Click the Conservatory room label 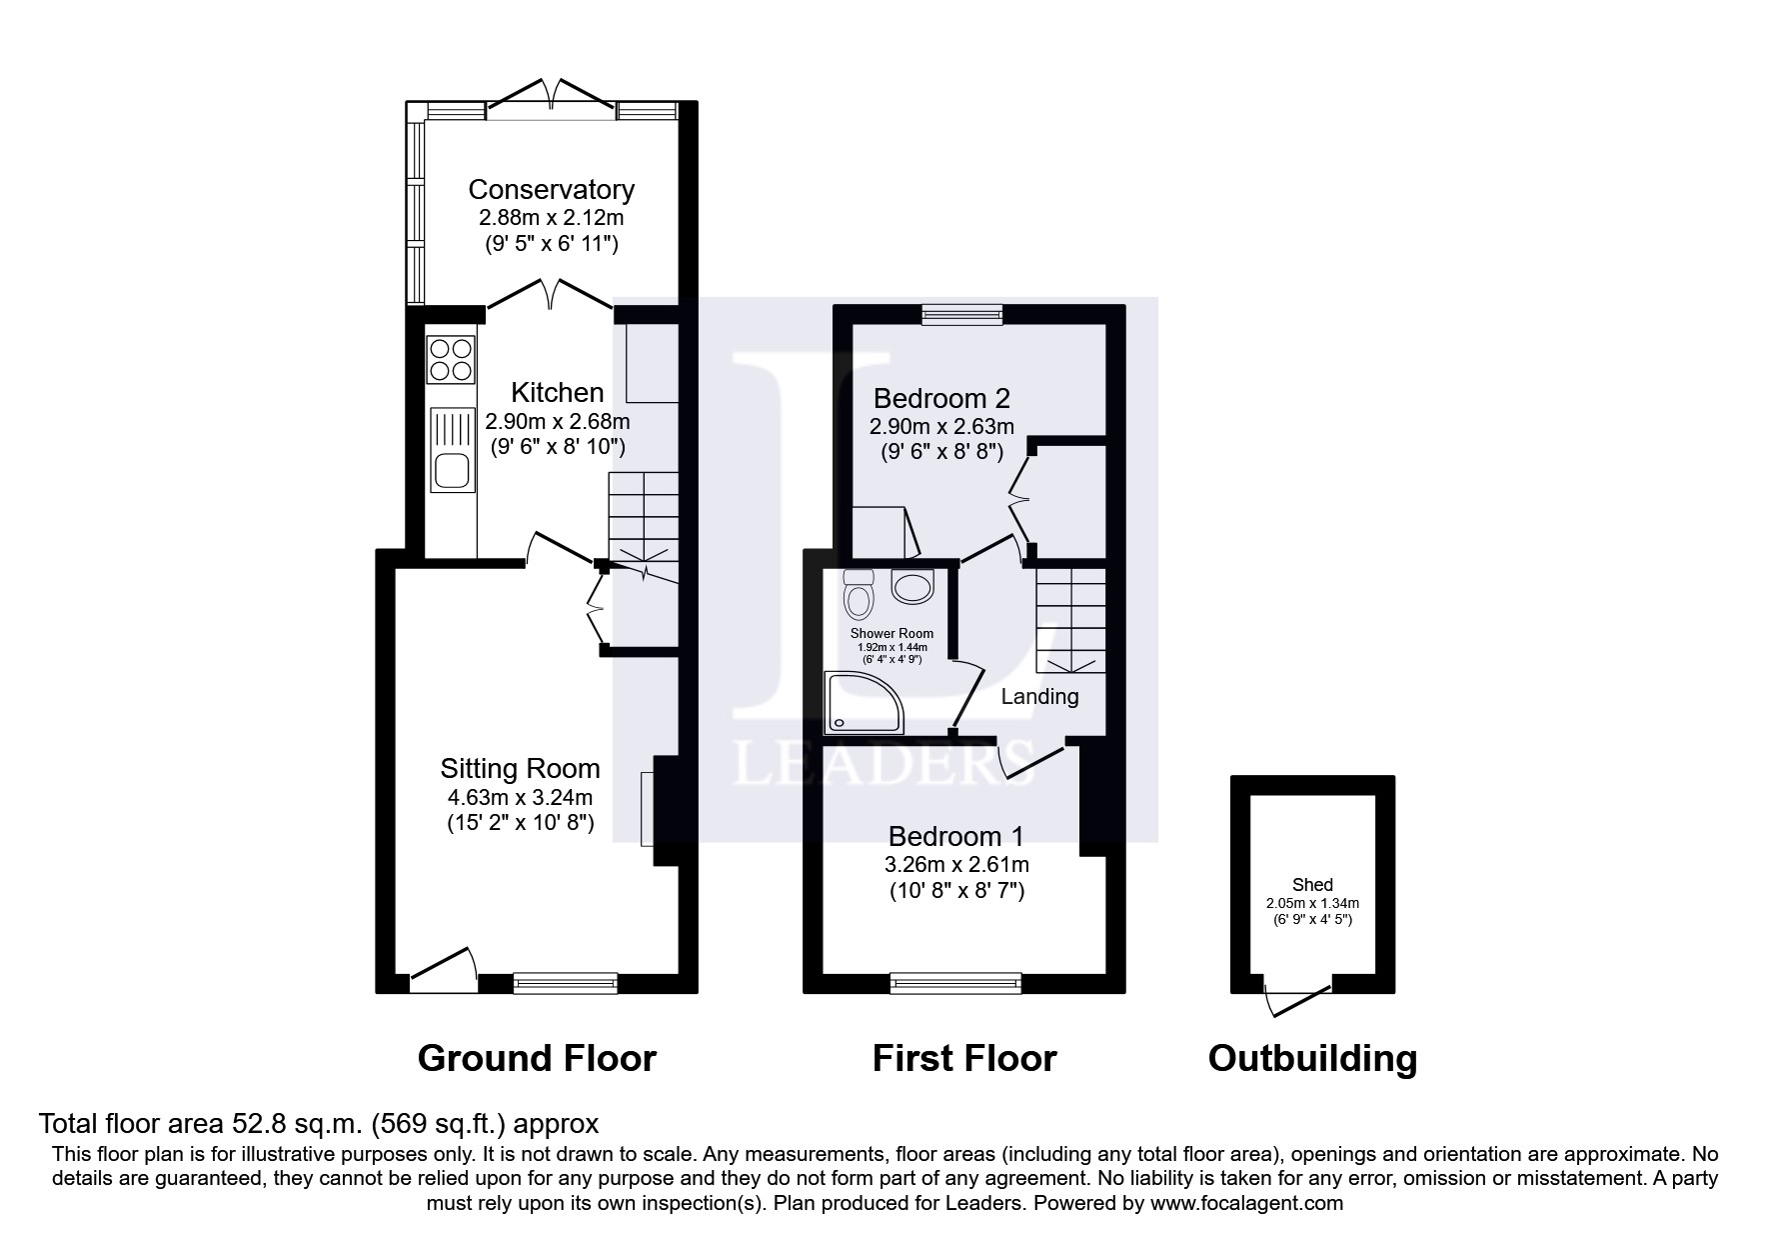(551, 189)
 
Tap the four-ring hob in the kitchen (450, 360)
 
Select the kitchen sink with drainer (452, 450)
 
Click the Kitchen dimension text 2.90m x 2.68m (558, 422)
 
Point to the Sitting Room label (520, 768)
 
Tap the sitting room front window (566, 983)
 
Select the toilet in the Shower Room (858, 595)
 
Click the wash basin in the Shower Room (911, 587)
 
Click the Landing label (1039, 696)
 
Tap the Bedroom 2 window (961, 315)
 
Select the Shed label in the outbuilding (1311, 885)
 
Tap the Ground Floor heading (537, 1058)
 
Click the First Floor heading (963, 1058)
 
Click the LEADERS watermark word (884, 765)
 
